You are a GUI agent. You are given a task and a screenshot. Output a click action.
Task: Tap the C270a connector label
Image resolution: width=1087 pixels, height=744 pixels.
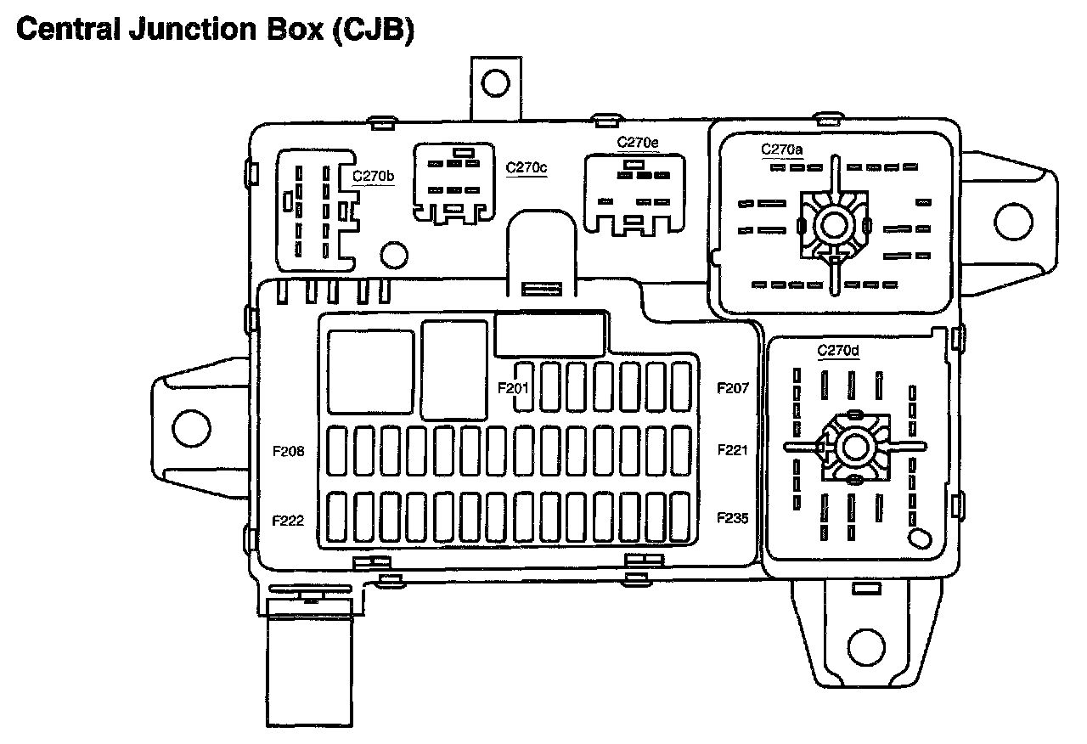coord(781,149)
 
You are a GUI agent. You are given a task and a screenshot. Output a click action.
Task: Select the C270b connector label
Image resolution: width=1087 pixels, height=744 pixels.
coord(374,176)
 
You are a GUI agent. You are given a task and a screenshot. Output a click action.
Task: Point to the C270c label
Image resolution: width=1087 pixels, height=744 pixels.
coord(527,167)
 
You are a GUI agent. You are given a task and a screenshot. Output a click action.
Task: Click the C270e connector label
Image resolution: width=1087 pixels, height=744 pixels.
coord(637,142)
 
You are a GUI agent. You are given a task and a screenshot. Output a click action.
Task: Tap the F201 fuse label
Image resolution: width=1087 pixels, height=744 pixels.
coord(514,388)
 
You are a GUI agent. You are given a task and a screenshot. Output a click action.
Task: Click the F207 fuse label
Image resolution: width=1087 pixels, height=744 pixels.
coord(733,388)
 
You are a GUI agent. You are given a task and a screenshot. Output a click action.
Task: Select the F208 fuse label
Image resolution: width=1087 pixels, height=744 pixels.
coord(289,452)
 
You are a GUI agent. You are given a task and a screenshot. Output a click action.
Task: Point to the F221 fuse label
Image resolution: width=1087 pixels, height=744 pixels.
coord(733,449)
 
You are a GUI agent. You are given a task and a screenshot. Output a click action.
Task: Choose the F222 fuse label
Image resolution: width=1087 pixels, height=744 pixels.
coord(289,521)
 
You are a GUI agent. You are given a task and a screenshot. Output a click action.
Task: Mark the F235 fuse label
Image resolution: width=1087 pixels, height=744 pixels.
coord(733,517)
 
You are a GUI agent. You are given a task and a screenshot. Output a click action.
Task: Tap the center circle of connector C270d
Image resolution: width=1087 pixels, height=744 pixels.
coord(853,448)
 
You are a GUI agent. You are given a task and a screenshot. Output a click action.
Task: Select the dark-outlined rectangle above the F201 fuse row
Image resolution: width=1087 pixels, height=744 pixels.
coord(550,334)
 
